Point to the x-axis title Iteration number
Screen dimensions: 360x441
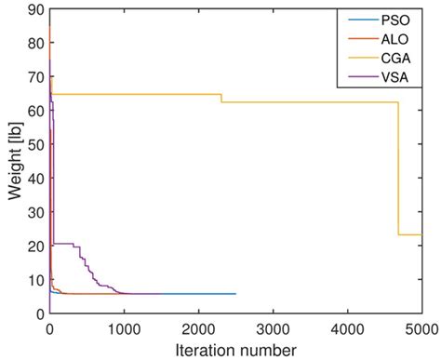coord(235,350)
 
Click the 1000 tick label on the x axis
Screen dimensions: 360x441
coord(124,328)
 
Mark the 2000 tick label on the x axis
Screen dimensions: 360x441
coord(198,328)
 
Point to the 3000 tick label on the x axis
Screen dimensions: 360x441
coord(273,328)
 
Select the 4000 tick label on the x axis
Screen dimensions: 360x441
coord(347,328)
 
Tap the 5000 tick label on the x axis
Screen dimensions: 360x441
coord(419,328)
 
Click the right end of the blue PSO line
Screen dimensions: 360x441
coord(235,294)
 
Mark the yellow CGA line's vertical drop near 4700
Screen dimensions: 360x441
coord(398,167)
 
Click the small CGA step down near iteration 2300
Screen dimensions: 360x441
coord(220,99)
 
